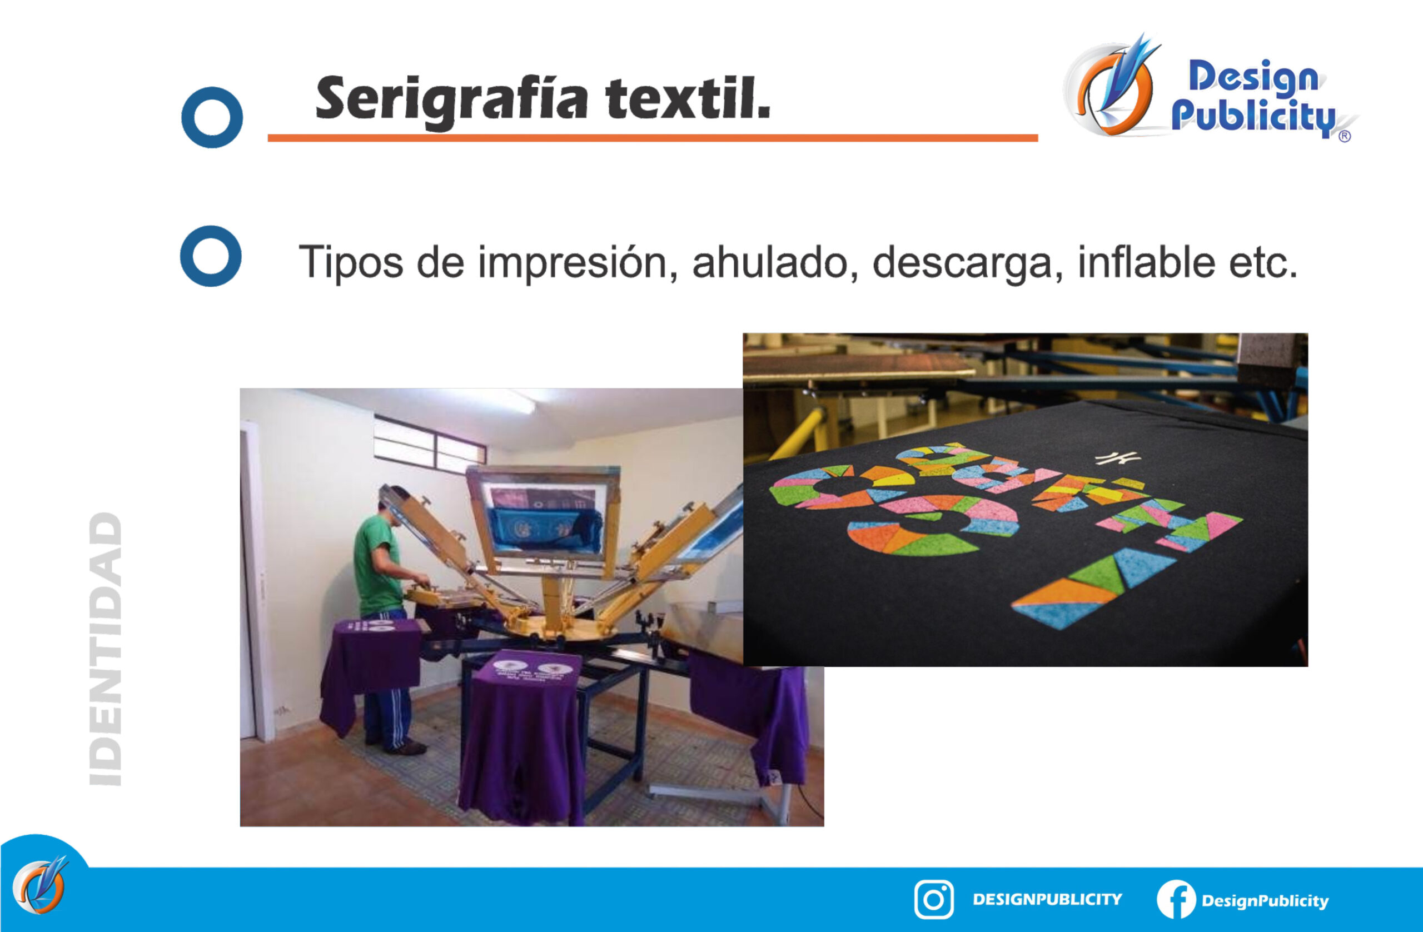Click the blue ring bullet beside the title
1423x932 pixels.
pyautogui.click(x=212, y=117)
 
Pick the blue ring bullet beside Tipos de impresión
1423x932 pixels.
pyautogui.click(x=211, y=256)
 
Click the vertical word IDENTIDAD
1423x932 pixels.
pyautogui.click(x=106, y=649)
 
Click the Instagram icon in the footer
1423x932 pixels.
pyautogui.click(x=934, y=900)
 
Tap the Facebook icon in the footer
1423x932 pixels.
pyautogui.click(x=1176, y=900)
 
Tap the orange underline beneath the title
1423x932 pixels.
pyautogui.click(x=653, y=138)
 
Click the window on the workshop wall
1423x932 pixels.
pyautogui.click(x=429, y=443)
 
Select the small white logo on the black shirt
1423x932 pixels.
pyautogui.click(x=1117, y=458)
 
